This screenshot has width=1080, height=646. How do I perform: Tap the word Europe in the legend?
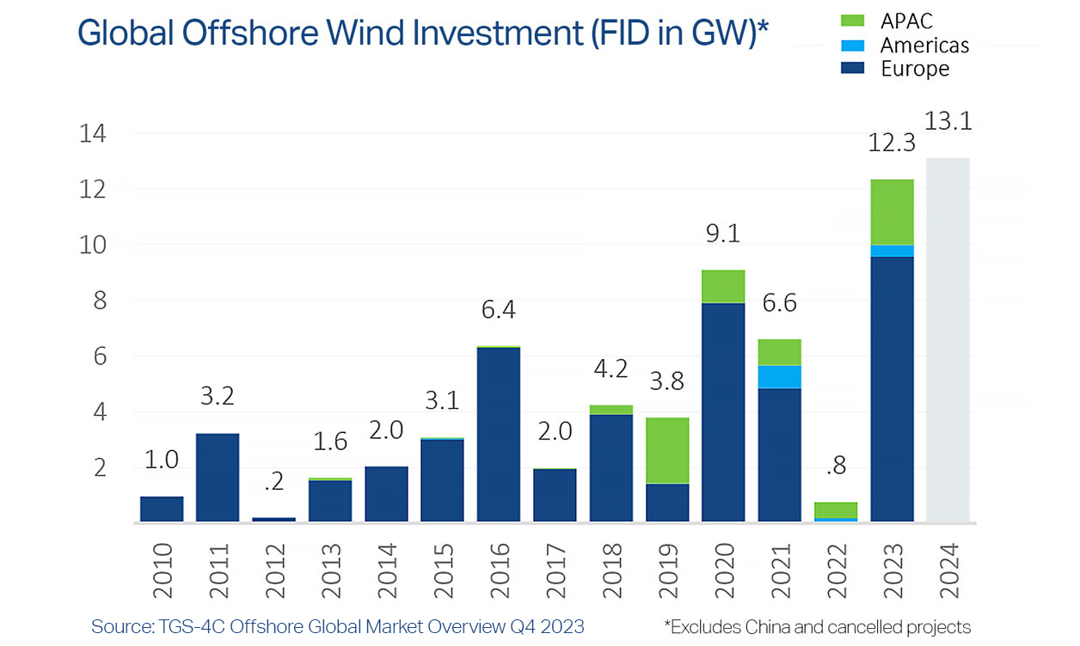[915, 69]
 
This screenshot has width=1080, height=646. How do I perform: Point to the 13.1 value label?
[948, 122]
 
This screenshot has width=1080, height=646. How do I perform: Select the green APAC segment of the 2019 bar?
[667, 450]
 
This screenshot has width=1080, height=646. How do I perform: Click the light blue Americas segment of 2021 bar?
[779, 377]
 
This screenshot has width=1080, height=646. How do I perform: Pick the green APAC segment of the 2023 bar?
[892, 212]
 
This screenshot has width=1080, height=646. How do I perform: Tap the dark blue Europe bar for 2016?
[499, 434]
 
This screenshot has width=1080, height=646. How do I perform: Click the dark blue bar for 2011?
[218, 477]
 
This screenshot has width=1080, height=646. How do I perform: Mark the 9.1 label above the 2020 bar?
[723, 234]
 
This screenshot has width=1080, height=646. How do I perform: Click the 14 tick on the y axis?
[92, 134]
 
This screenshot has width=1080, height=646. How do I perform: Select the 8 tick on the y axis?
[99, 302]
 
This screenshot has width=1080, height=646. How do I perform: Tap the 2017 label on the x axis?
[555, 568]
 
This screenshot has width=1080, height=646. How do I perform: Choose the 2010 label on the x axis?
[162, 568]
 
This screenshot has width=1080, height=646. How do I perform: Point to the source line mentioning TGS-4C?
[337, 626]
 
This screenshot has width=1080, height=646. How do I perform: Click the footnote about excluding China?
[817, 626]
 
